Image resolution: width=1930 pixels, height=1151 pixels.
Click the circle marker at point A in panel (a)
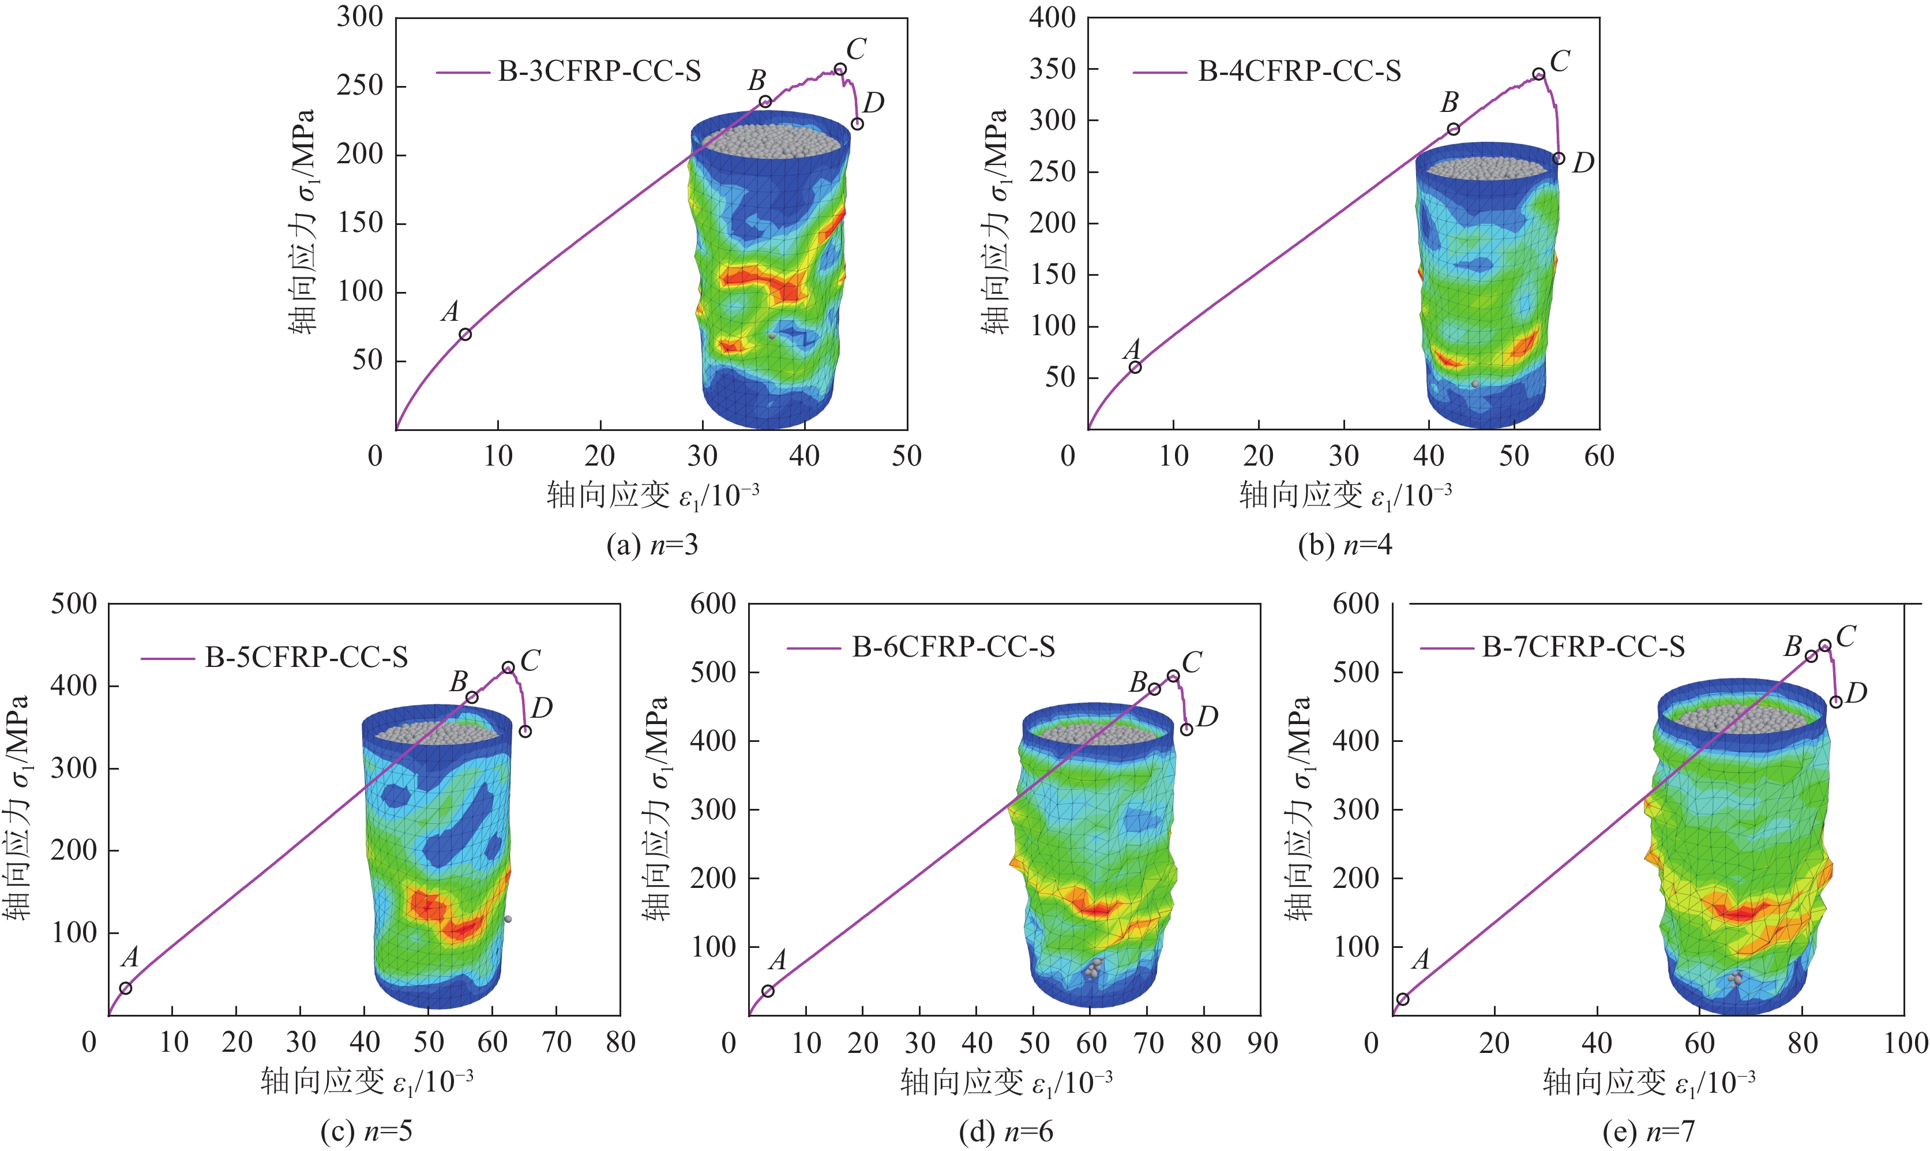(465, 334)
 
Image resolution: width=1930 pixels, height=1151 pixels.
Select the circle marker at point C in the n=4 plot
(1539, 74)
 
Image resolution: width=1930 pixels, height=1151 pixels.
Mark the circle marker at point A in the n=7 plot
(1403, 999)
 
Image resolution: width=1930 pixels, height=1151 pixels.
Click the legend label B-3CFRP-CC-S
(599, 72)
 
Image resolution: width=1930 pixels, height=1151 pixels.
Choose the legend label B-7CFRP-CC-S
(1583, 647)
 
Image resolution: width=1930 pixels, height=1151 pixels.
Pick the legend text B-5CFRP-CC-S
(306, 658)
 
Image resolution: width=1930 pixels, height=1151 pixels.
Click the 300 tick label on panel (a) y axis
(360, 17)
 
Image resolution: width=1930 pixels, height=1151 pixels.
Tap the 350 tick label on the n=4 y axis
(1052, 69)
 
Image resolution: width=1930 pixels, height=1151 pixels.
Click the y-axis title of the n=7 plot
(1300, 808)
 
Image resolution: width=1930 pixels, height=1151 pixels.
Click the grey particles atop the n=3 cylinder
(772, 140)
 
